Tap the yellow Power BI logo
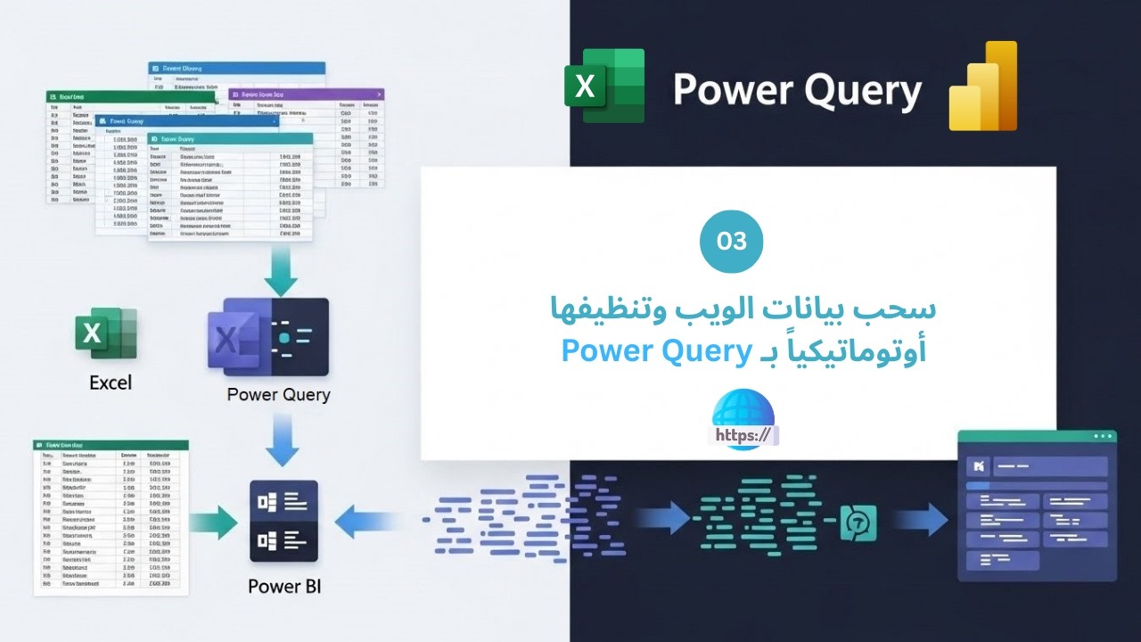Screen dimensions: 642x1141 pyautogui.click(x=983, y=86)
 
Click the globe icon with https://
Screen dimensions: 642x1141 pyautogui.click(x=743, y=420)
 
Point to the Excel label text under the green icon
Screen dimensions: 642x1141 pyautogui.click(x=111, y=383)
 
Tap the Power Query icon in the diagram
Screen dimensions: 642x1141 pyautogui.click(x=268, y=337)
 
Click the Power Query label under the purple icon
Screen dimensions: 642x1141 pyautogui.click(x=278, y=394)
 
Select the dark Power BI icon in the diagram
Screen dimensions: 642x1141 pyautogui.click(x=284, y=521)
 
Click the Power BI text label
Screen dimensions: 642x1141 pyautogui.click(x=284, y=586)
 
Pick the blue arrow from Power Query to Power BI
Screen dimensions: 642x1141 pyautogui.click(x=283, y=441)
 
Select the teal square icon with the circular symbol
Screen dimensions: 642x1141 pyautogui.click(x=858, y=523)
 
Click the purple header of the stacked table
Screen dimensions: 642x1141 pyautogui.click(x=306, y=95)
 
